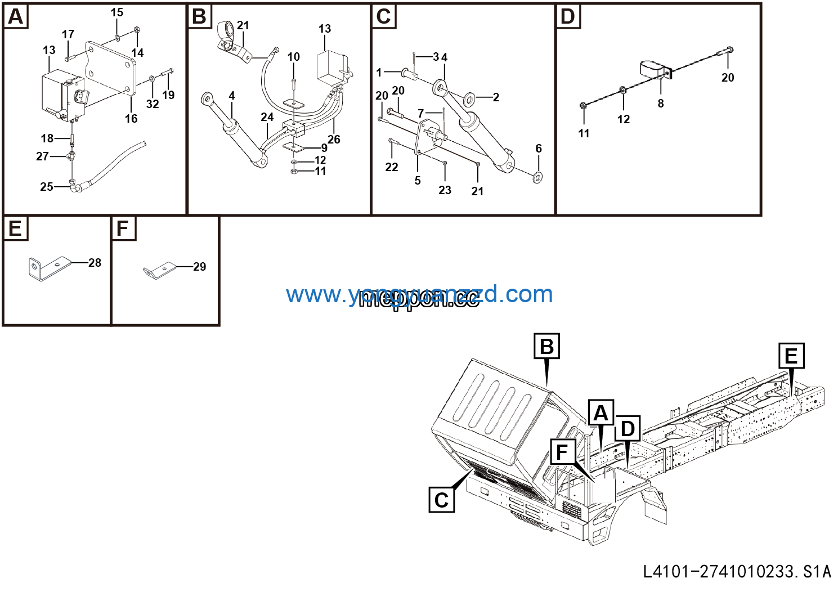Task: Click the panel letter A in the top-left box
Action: tap(16, 17)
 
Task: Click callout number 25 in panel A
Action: tap(47, 187)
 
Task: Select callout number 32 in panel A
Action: tap(153, 104)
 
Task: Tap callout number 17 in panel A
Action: tap(68, 35)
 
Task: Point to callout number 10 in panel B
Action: tap(294, 57)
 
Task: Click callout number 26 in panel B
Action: tap(334, 140)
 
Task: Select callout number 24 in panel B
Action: tap(267, 117)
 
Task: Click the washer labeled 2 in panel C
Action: tap(468, 100)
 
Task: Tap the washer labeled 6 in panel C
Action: tap(538, 177)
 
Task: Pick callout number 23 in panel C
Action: tap(445, 190)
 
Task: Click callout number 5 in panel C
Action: tap(418, 181)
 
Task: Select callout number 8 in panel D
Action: tap(661, 104)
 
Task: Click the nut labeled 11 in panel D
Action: tap(584, 105)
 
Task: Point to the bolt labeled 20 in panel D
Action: tap(725, 53)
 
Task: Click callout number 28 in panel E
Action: tap(95, 263)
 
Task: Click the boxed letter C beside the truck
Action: tap(442, 500)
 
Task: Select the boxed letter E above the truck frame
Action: tap(791, 356)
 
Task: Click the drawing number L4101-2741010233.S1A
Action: tap(737, 572)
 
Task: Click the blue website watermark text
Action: tap(419, 294)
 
